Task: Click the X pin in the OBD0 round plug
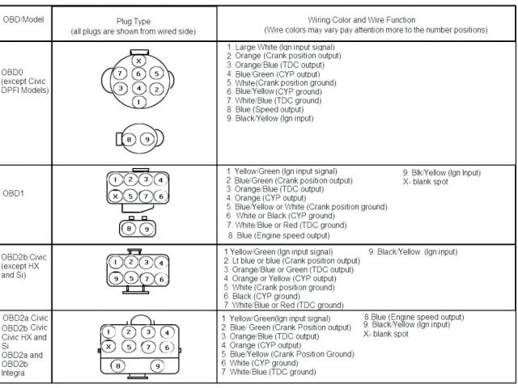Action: click(138, 61)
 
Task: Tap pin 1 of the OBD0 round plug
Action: click(138, 102)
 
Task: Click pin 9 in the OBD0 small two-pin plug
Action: click(146, 138)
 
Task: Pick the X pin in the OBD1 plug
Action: click(117, 196)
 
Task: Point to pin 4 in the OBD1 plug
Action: click(161, 180)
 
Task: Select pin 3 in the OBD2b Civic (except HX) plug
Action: click(146, 262)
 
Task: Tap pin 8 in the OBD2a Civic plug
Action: click(119, 366)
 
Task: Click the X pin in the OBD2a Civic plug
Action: click(109, 346)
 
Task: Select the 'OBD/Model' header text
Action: click(24, 18)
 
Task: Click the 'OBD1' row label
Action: click(12, 193)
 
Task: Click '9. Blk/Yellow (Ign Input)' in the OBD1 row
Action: click(441, 172)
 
